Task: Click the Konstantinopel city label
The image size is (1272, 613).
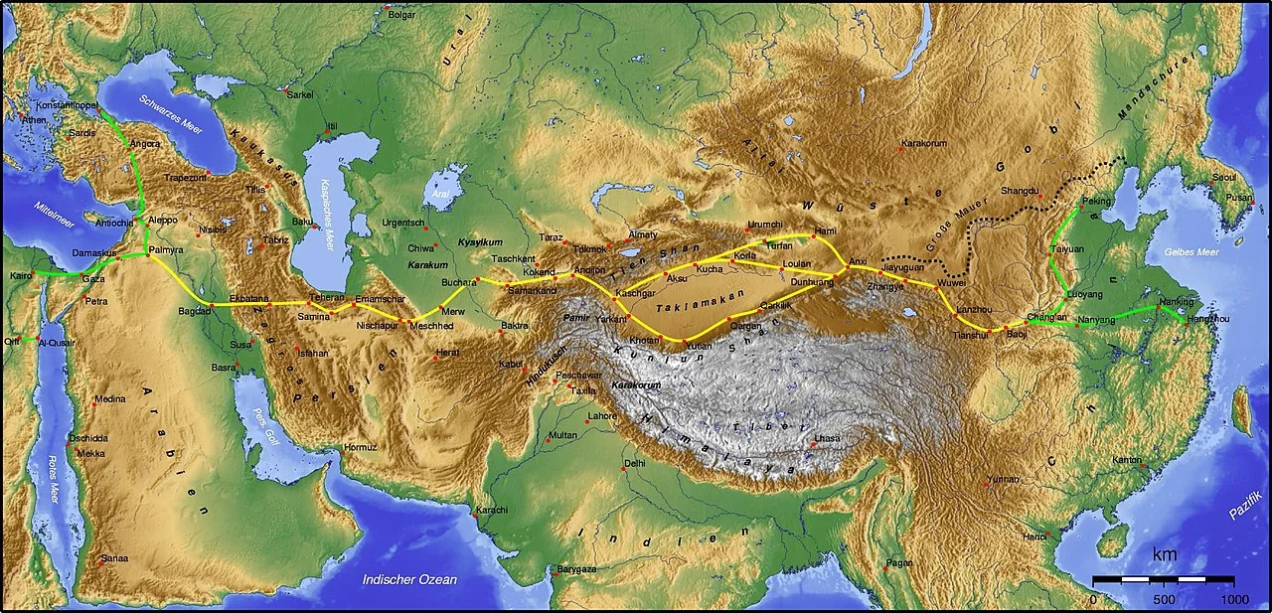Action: point(66,104)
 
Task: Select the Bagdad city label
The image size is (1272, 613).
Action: point(195,311)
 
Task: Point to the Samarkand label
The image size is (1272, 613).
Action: point(532,290)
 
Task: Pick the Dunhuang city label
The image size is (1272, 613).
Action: point(812,282)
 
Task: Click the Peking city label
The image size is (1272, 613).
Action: point(1097,200)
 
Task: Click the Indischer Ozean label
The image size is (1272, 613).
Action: point(409,579)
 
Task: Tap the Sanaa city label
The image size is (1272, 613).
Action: point(114,558)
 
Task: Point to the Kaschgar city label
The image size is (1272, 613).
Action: point(635,294)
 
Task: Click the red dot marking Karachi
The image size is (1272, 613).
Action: point(470,516)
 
